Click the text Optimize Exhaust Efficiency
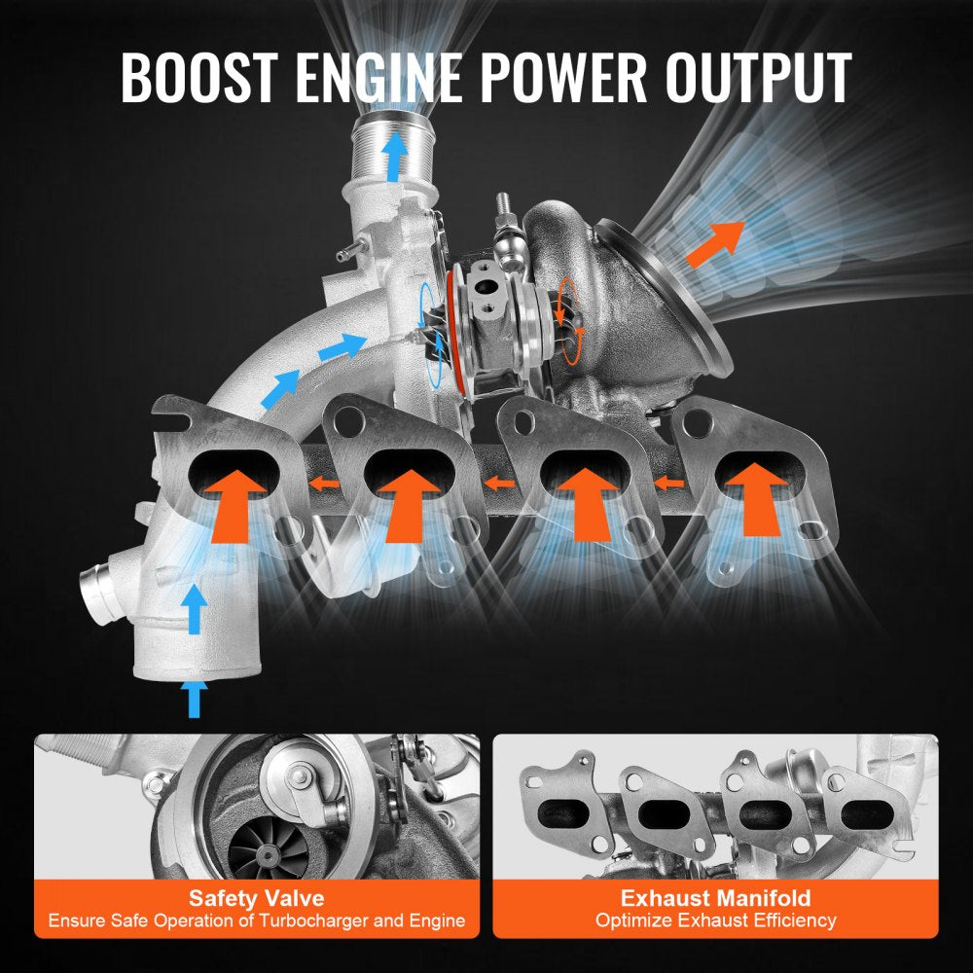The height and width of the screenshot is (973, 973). [715, 920]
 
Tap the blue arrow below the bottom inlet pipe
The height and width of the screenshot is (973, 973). [196, 700]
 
